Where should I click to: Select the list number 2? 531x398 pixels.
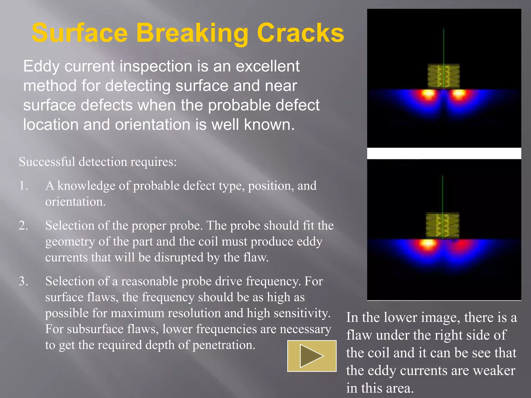point(23,225)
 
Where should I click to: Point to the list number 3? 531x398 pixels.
point(23,281)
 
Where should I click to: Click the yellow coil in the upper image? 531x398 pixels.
point(443,76)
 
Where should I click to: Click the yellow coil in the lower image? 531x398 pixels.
point(442,225)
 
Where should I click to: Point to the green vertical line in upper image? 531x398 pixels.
point(443,47)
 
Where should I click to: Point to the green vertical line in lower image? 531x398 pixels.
point(442,194)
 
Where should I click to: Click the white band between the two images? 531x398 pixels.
point(444,153)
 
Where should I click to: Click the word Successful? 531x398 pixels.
point(47,162)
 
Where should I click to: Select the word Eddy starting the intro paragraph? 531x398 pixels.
point(41,66)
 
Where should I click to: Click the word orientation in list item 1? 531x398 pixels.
point(75,202)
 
